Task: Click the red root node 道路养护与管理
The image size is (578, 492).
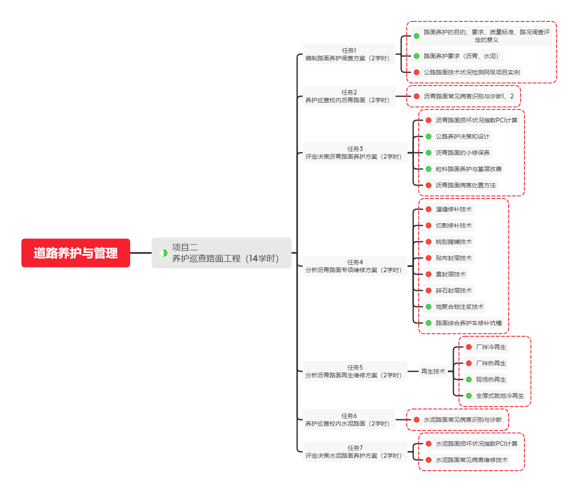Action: [x=76, y=253]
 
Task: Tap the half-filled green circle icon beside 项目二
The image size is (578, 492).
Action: [x=163, y=253]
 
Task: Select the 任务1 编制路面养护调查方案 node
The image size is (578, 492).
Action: [x=349, y=54]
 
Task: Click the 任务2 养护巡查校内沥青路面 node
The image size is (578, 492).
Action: [x=349, y=96]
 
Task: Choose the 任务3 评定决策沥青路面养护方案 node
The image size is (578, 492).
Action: [x=355, y=153]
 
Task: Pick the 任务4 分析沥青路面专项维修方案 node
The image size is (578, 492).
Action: [x=355, y=266]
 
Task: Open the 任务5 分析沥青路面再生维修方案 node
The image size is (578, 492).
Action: [x=355, y=371]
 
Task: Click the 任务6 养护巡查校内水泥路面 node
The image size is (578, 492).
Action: [x=349, y=420]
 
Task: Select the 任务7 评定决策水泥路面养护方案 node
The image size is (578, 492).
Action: [x=355, y=452]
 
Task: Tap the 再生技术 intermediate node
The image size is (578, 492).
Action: [x=433, y=371]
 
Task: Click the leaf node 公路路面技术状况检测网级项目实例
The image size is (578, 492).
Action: [x=471, y=72]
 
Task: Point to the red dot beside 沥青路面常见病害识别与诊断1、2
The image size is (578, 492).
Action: [x=417, y=96]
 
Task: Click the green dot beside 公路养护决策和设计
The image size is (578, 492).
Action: [x=429, y=136]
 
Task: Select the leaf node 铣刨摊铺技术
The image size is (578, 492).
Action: [x=453, y=242]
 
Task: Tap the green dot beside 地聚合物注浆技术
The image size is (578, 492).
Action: [x=429, y=307]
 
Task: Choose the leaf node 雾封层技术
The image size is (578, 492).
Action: [x=450, y=274]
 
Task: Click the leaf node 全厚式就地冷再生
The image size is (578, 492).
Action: [x=500, y=396]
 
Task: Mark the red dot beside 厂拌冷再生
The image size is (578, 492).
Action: [x=469, y=347]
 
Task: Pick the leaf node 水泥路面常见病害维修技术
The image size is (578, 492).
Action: [x=471, y=460]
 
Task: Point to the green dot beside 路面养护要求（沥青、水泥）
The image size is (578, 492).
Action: [x=417, y=56]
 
